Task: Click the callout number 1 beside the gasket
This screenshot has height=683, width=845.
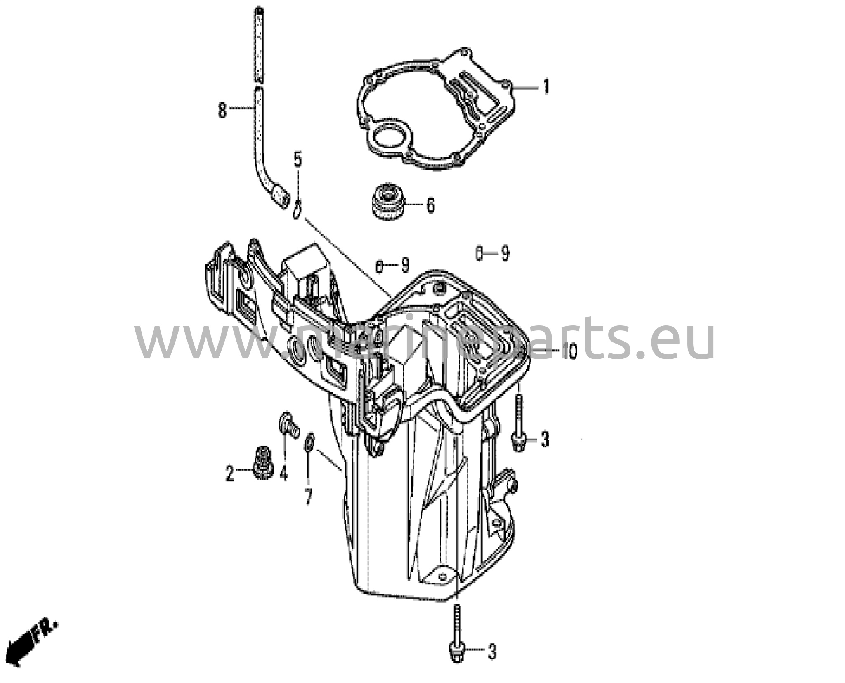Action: click(546, 87)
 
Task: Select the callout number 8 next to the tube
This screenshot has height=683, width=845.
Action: click(222, 110)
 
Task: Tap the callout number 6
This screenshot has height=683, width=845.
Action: click(430, 205)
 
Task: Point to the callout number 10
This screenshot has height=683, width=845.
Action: click(570, 352)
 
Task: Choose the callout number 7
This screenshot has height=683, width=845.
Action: click(308, 497)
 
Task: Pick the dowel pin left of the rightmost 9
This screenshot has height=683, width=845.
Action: click(479, 253)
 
